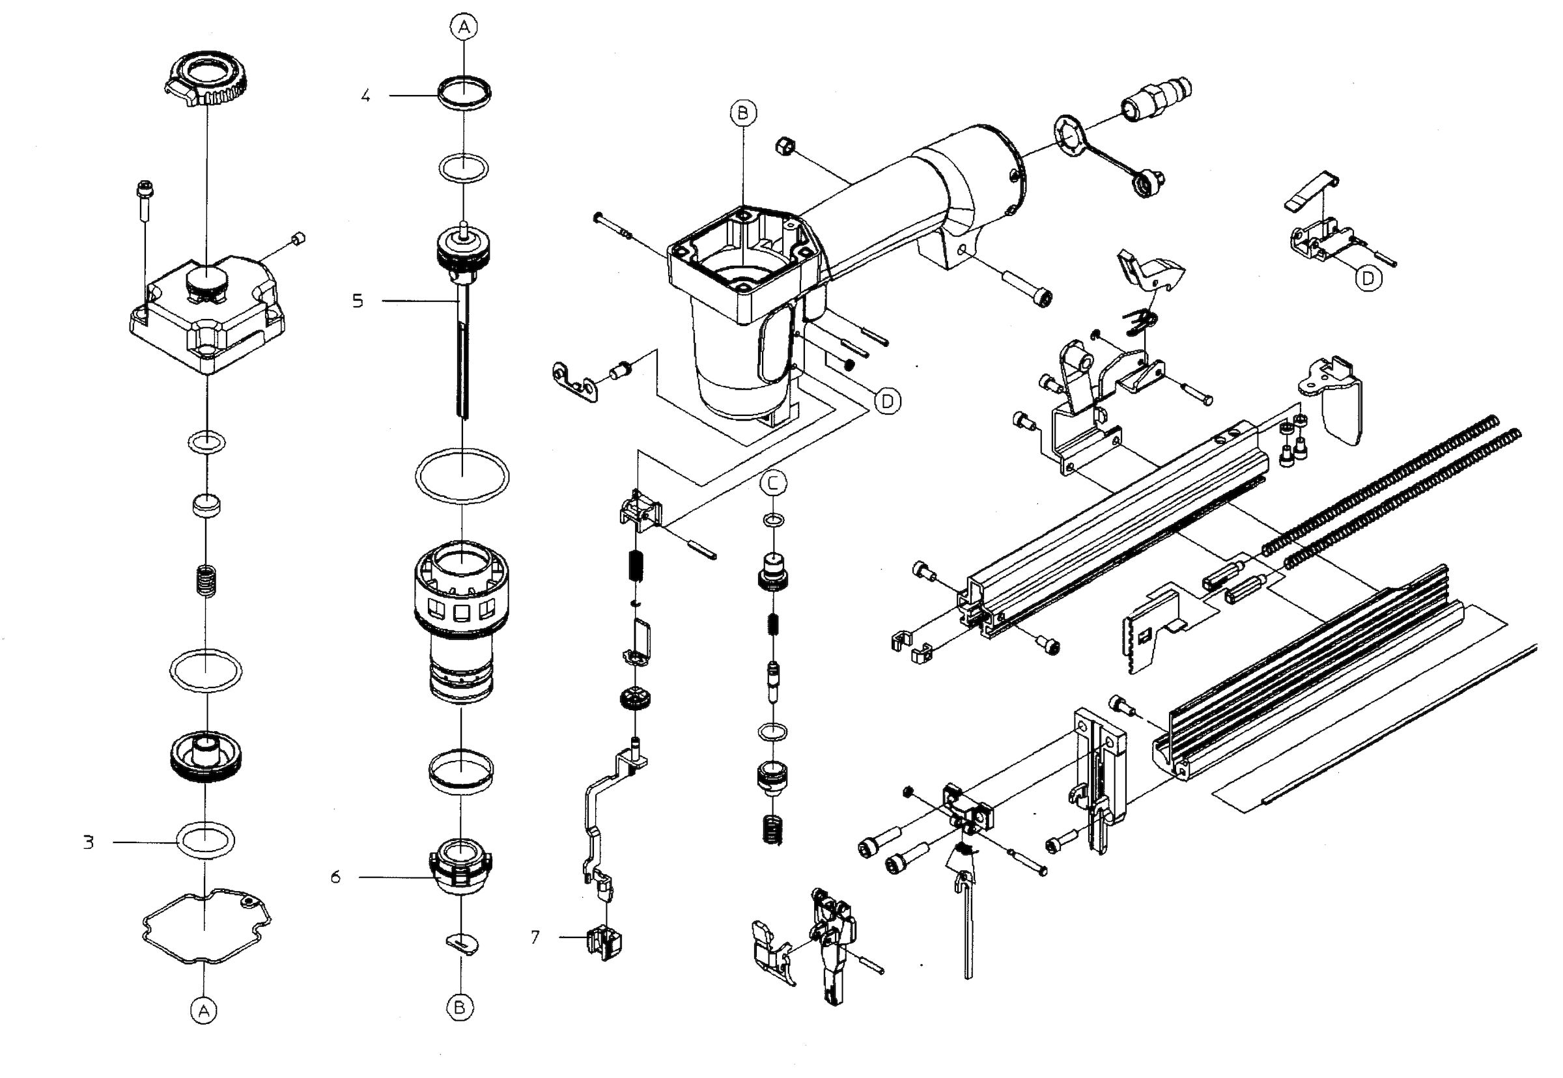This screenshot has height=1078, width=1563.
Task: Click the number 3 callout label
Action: (89, 842)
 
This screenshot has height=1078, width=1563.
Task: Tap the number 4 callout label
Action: (365, 95)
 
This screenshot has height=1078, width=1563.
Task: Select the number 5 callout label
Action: (358, 301)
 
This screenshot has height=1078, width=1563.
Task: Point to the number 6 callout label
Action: (336, 878)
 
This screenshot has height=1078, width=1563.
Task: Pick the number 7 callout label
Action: (535, 937)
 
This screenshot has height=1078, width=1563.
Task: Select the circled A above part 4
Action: (464, 27)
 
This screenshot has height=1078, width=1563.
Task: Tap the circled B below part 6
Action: (460, 1008)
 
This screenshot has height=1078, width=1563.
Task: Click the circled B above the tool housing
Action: (742, 113)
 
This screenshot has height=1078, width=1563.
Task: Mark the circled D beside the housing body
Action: (887, 401)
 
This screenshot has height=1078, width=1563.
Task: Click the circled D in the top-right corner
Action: (1368, 278)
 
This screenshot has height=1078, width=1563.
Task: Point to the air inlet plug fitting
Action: (1156, 98)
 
